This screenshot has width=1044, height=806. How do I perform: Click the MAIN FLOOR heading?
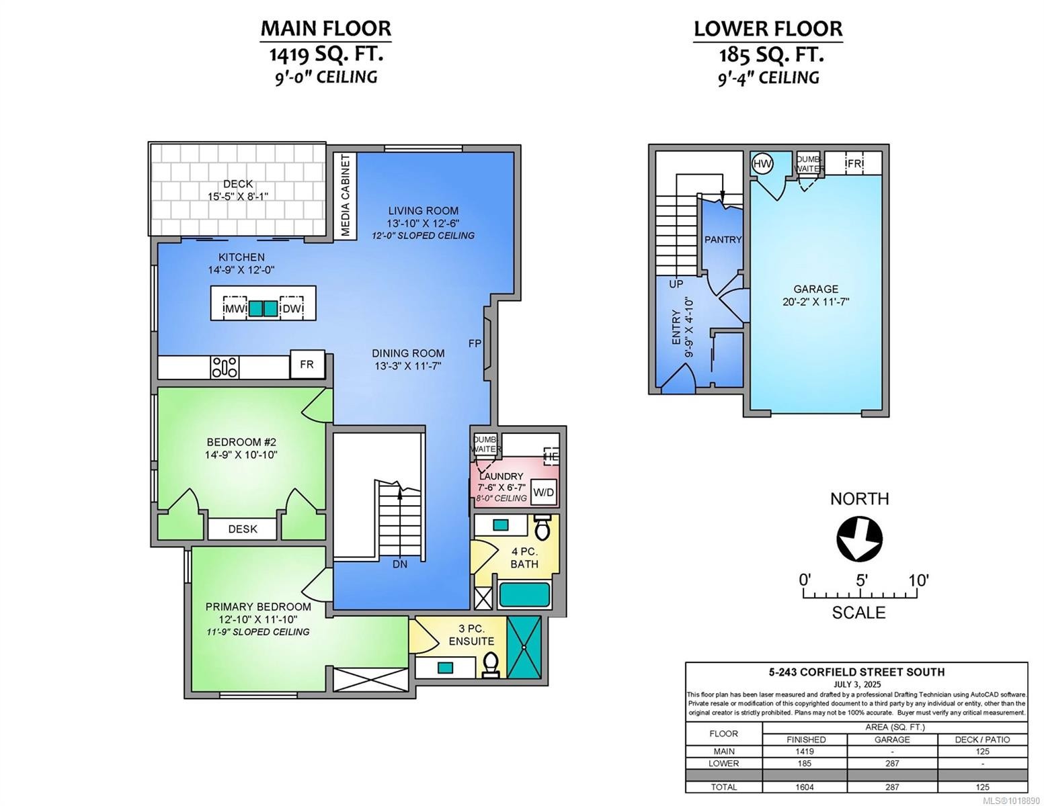tap(325, 28)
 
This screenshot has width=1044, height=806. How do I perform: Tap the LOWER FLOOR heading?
tap(768, 28)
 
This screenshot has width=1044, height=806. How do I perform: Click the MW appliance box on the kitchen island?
tap(235, 308)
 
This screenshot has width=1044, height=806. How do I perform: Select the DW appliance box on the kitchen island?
tap(292, 308)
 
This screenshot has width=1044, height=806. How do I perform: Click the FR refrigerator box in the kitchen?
tap(307, 365)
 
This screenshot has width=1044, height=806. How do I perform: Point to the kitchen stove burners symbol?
tap(225, 367)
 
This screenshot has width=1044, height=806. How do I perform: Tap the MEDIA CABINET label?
tap(346, 195)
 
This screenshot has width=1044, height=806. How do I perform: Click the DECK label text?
tap(238, 183)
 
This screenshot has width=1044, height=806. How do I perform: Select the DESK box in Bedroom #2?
tap(242, 529)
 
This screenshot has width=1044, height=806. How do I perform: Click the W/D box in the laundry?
tap(544, 492)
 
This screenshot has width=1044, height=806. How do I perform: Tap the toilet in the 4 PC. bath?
tap(542, 528)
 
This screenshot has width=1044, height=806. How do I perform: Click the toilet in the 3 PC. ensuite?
tap(490, 664)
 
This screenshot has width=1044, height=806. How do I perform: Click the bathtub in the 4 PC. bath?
tap(524, 595)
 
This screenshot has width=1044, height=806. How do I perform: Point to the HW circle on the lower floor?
tap(762, 163)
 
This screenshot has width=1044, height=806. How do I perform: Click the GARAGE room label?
tap(815, 289)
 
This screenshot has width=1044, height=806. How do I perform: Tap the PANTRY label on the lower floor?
tap(723, 240)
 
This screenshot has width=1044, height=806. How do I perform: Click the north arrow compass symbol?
tap(859, 538)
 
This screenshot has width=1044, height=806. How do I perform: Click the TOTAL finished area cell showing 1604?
tap(804, 787)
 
